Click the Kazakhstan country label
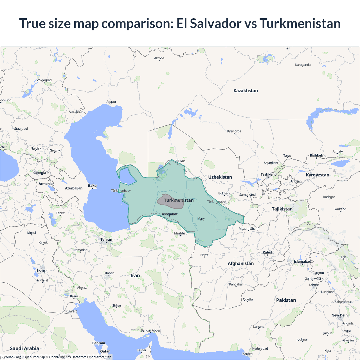click(x=246, y=91)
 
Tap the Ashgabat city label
click(x=170, y=214)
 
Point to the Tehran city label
click(x=106, y=240)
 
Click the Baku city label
click(x=92, y=186)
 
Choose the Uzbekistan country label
click(x=220, y=177)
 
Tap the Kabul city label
click(x=267, y=252)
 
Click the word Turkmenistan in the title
click(x=300, y=23)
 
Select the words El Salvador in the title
click(x=209, y=23)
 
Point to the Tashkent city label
click(x=268, y=174)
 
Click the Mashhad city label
click(x=181, y=233)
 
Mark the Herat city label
click(x=204, y=255)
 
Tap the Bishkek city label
click(x=316, y=155)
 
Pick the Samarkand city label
click(x=247, y=195)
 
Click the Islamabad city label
click(x=302, y=262)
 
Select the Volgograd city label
click(x=44, y=80)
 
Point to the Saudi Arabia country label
click(x=24, y=348)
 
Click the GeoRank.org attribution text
click(x=11, y=357)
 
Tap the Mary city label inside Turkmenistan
click(x=201, y=219)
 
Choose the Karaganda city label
click(x=303, y=65)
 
